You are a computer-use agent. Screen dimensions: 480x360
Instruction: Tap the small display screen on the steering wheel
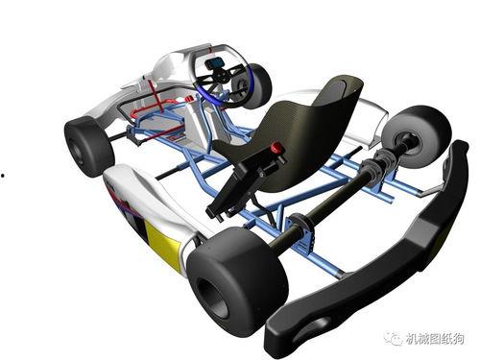point(215,63)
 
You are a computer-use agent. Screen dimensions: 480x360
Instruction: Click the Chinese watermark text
point(435,339)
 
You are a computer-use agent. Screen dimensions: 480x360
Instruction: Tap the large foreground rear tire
point(237,281)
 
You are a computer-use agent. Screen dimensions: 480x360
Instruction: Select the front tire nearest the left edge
point(89,146)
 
